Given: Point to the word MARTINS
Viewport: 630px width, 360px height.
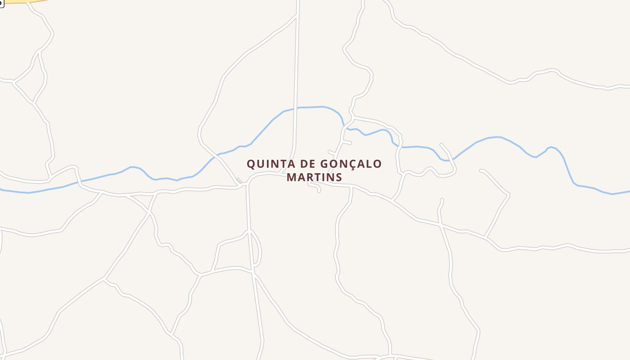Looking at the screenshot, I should pos(315,177).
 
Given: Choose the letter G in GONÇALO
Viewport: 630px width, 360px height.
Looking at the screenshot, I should pos(325,164).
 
